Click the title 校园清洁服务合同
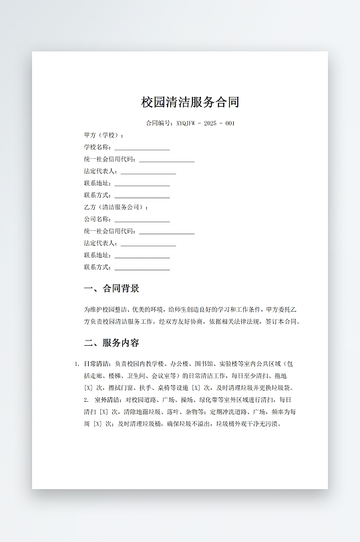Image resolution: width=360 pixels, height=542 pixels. [190, 102]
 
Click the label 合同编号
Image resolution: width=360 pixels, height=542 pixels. [159, 123]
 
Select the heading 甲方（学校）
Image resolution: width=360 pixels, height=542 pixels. [104, 135]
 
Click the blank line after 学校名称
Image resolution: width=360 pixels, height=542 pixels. [142, 148]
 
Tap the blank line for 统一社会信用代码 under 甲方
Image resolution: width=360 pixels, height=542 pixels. [166, 160]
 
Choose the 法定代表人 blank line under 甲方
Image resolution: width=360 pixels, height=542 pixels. [148, 172]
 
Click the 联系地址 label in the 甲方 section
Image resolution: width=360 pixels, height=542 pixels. [98, 184]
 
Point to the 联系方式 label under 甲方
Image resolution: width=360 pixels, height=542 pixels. [98, 196]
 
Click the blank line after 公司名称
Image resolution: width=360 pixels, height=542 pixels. [142, 220]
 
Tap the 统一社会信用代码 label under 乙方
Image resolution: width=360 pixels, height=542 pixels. [110, 232]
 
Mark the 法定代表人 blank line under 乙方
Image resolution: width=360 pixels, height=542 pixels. [148, 244]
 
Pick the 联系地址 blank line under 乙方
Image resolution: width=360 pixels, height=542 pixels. [142, 256]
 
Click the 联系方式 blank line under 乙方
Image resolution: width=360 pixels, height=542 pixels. [142, 268]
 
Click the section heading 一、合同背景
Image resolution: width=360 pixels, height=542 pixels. [112, 289]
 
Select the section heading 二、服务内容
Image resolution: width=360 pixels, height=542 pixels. [112, 343]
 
